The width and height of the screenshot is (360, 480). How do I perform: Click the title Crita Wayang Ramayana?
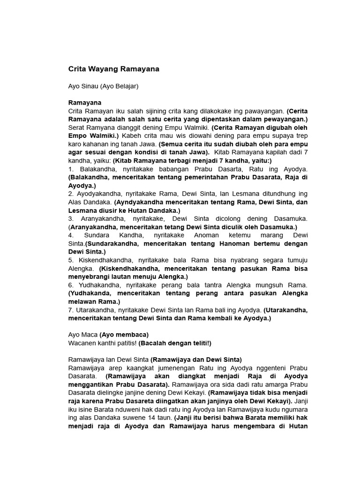114,69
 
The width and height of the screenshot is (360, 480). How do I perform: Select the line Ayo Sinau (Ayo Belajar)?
104,87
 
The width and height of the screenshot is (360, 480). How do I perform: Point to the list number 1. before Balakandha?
71,169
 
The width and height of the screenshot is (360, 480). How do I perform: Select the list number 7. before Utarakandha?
71,310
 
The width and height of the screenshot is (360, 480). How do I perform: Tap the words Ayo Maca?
82,335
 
